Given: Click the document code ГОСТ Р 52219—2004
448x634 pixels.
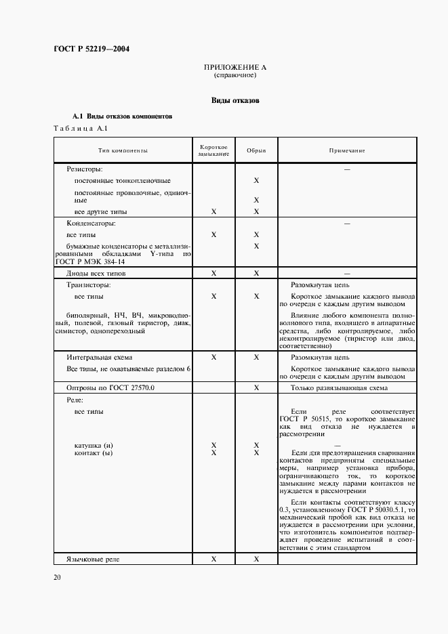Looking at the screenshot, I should (x=91, y=49).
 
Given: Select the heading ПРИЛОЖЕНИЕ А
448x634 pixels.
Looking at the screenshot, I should (x=235, y=68).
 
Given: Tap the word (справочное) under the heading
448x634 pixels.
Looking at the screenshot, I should (x=235, y=76).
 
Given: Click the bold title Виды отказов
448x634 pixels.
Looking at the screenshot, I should (x=235, y=100).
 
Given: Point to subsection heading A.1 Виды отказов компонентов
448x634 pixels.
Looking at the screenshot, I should (x=123, y=117).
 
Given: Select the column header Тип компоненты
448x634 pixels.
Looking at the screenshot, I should (x=122, y=151).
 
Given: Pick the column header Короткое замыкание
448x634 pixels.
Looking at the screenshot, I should (x=213, y=151).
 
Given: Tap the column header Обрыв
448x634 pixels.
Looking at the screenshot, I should (x=256, y=151).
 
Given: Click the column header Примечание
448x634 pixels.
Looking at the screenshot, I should (x=347, y=151).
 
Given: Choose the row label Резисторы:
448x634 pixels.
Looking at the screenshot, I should (x=84, y=169).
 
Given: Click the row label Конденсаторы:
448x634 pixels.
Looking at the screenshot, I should (x=91, y=223).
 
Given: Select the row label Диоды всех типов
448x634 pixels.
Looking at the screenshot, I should (x=96, y=274).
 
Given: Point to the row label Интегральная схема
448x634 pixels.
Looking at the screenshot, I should (x=99, y=356).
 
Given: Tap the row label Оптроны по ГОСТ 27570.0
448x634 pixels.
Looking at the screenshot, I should (x=110, y=387).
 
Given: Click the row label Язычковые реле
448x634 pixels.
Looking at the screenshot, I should (x=94, y=559).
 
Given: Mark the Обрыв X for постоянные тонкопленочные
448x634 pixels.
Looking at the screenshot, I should (x=256, y=181).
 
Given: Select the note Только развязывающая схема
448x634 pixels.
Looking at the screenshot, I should (x=339, y=387).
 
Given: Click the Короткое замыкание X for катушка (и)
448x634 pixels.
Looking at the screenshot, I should (x=213, y=445).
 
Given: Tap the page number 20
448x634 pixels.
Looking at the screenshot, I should (x=57, y=577).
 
